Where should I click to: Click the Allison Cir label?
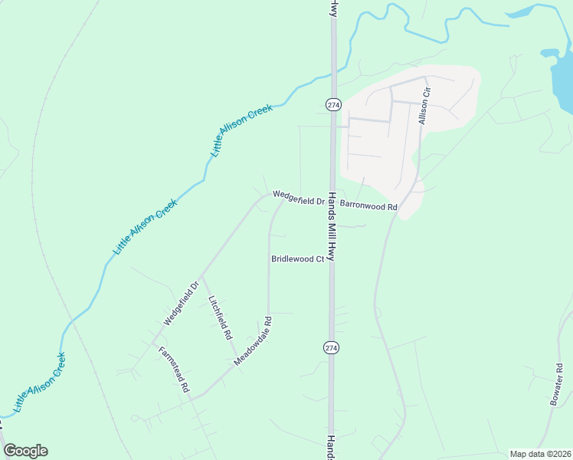425,107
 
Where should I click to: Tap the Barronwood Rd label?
368,206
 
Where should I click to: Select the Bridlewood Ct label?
297,259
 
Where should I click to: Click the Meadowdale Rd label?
254,341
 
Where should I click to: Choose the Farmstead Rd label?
174,370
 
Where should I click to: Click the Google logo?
25,451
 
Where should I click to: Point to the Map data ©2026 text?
539,454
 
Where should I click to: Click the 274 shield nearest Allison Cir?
332,103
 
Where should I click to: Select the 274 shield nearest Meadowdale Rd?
331,347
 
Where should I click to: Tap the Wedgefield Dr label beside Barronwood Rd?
299,198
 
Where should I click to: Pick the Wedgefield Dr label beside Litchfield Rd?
181,304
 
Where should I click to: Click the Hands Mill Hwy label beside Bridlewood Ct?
332,226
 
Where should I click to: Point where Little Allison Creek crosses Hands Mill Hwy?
333,73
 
